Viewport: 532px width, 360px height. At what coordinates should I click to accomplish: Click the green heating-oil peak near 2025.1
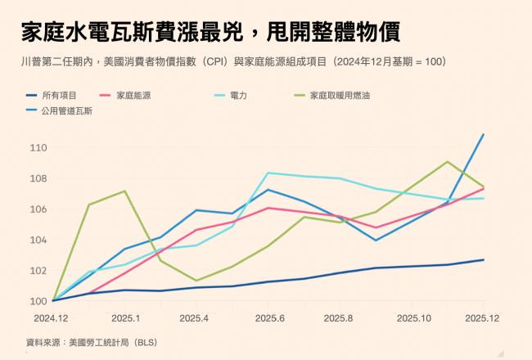point(124,191)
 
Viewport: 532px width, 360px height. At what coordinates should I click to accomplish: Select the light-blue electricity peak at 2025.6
point(268,173)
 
